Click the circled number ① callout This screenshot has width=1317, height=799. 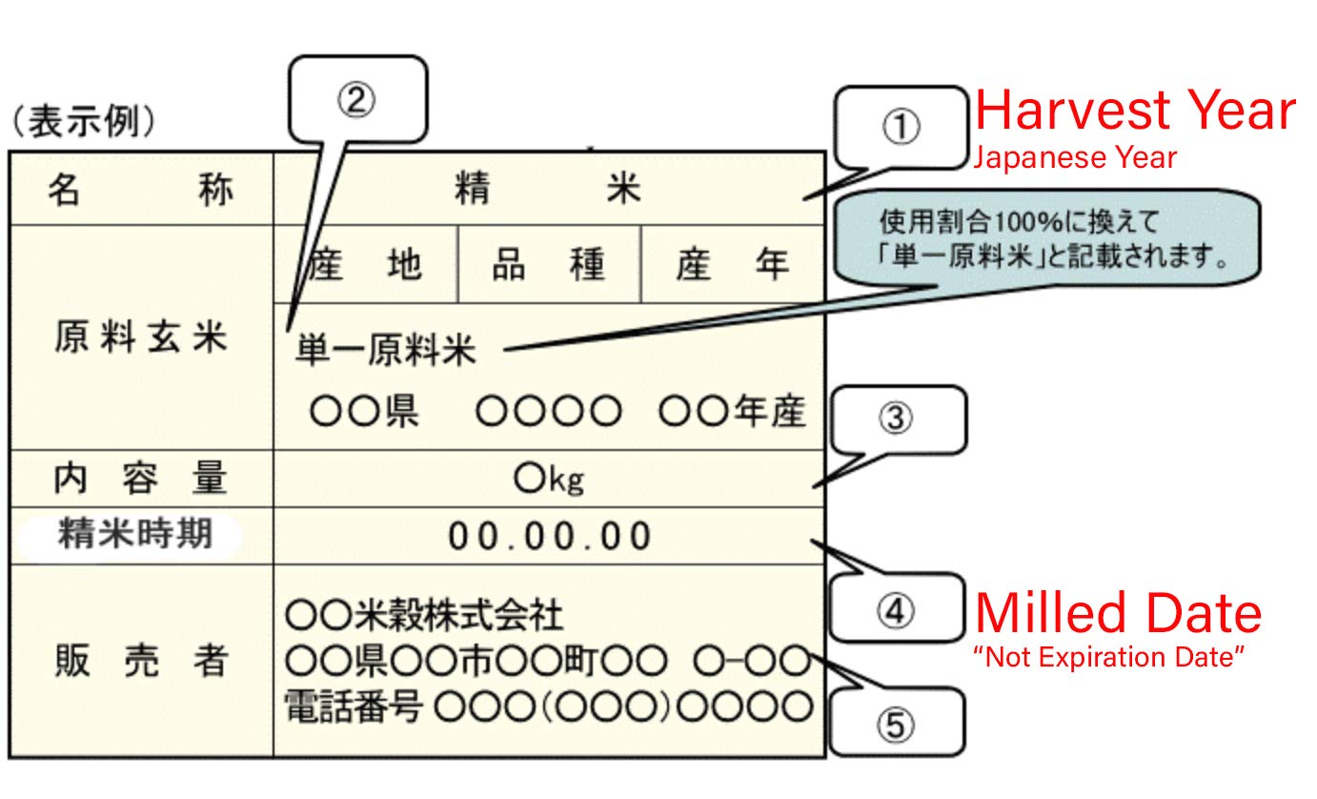coord(901,127)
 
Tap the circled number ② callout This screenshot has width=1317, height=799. coord(356,99)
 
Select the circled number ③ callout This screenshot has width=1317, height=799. coord(896,419)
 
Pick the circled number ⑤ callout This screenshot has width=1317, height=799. coord(896,724)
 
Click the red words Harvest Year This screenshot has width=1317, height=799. coord(1135,111)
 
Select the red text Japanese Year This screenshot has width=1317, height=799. coord(1075,157)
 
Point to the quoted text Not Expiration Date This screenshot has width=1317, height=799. coord(1109,657)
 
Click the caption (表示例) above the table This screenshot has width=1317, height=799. coord(84,122)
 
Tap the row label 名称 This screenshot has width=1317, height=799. coord(140,190)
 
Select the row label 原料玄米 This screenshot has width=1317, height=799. coord(140,338)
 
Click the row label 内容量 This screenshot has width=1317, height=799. coord(140,477)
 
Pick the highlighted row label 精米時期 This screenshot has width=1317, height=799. coord(134,534)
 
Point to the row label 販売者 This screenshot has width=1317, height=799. coord(140,660)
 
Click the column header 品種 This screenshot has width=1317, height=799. coord(549,264)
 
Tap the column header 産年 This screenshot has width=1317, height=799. coord(732,264)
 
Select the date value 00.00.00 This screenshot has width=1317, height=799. coord(550,537)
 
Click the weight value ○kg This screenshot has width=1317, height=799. coord(549,479)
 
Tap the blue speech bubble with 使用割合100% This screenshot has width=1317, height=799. coord(1046,238)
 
